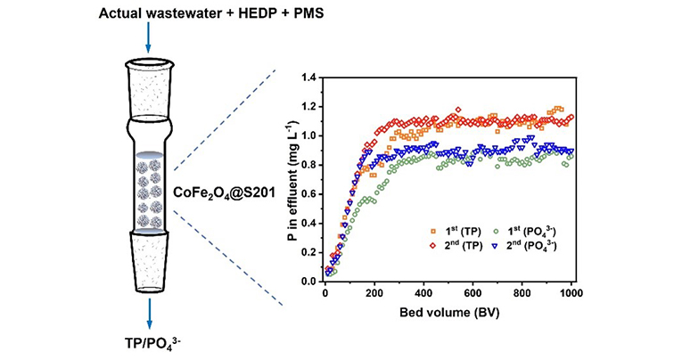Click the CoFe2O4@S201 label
(x=217, y=192)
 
